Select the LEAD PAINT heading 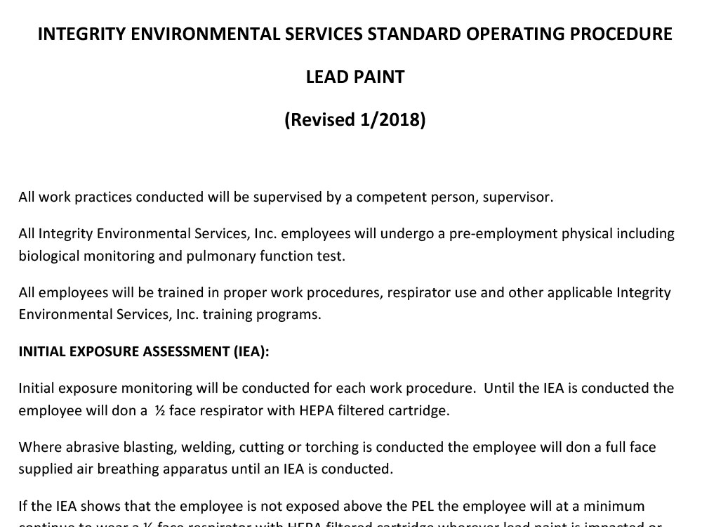(x=355, y=77)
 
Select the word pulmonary (x=221, y=256)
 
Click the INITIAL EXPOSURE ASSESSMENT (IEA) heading (x=144, y=352)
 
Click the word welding (x=208, y=447)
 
